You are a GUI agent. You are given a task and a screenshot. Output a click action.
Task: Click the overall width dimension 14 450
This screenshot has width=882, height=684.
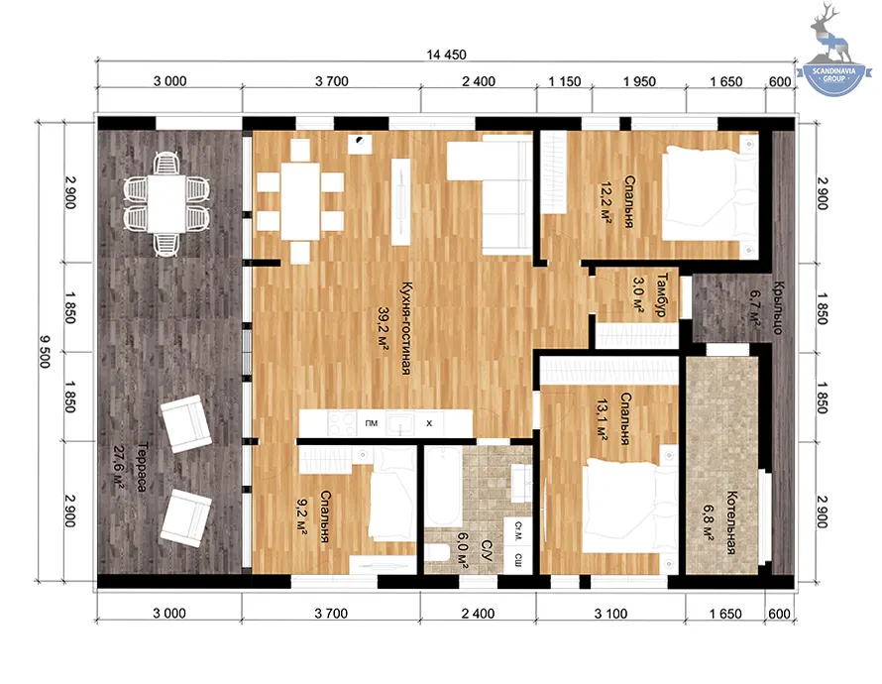[446, 55]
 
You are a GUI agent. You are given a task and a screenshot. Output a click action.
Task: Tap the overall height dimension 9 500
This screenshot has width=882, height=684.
[45, 352]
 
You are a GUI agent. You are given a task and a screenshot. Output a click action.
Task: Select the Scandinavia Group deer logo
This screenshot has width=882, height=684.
[834, 50]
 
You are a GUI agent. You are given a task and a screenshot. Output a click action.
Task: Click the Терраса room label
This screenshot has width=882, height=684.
[143, 467]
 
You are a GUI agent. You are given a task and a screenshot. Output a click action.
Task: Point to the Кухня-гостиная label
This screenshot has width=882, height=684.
[405, 328]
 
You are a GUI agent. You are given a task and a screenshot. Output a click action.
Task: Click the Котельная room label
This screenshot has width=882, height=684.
[731, 522]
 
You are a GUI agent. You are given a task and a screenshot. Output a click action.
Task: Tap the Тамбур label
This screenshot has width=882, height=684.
[662, 294]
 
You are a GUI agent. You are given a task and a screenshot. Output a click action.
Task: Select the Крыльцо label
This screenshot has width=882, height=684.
[778, 307]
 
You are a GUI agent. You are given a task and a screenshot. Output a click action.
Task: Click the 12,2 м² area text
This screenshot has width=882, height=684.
[606, 203]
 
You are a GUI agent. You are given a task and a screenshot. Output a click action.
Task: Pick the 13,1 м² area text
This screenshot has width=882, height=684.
[602, 419]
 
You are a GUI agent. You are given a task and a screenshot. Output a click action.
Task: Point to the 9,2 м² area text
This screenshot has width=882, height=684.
[301, 515]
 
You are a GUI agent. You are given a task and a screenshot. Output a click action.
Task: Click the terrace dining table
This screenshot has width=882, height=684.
[166, 203]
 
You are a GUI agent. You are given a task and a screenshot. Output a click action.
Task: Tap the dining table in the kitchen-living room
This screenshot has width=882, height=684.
[300, 201]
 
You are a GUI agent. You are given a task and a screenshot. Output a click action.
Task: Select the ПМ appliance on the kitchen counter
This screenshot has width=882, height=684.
[372, 423]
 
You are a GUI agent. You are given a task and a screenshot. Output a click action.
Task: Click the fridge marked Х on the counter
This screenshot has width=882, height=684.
[429, 423]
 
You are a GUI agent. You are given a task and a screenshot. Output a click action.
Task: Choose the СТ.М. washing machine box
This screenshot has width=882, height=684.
[517, 531]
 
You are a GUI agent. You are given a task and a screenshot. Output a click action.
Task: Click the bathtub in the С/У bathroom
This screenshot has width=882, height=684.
[443, 487]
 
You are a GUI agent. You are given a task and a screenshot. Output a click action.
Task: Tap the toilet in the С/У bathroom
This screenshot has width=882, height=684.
[436, 553]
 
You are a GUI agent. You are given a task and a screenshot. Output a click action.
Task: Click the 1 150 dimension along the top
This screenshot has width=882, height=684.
[564, 81]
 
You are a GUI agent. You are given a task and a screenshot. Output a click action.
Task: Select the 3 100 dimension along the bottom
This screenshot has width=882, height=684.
[610, 614]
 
